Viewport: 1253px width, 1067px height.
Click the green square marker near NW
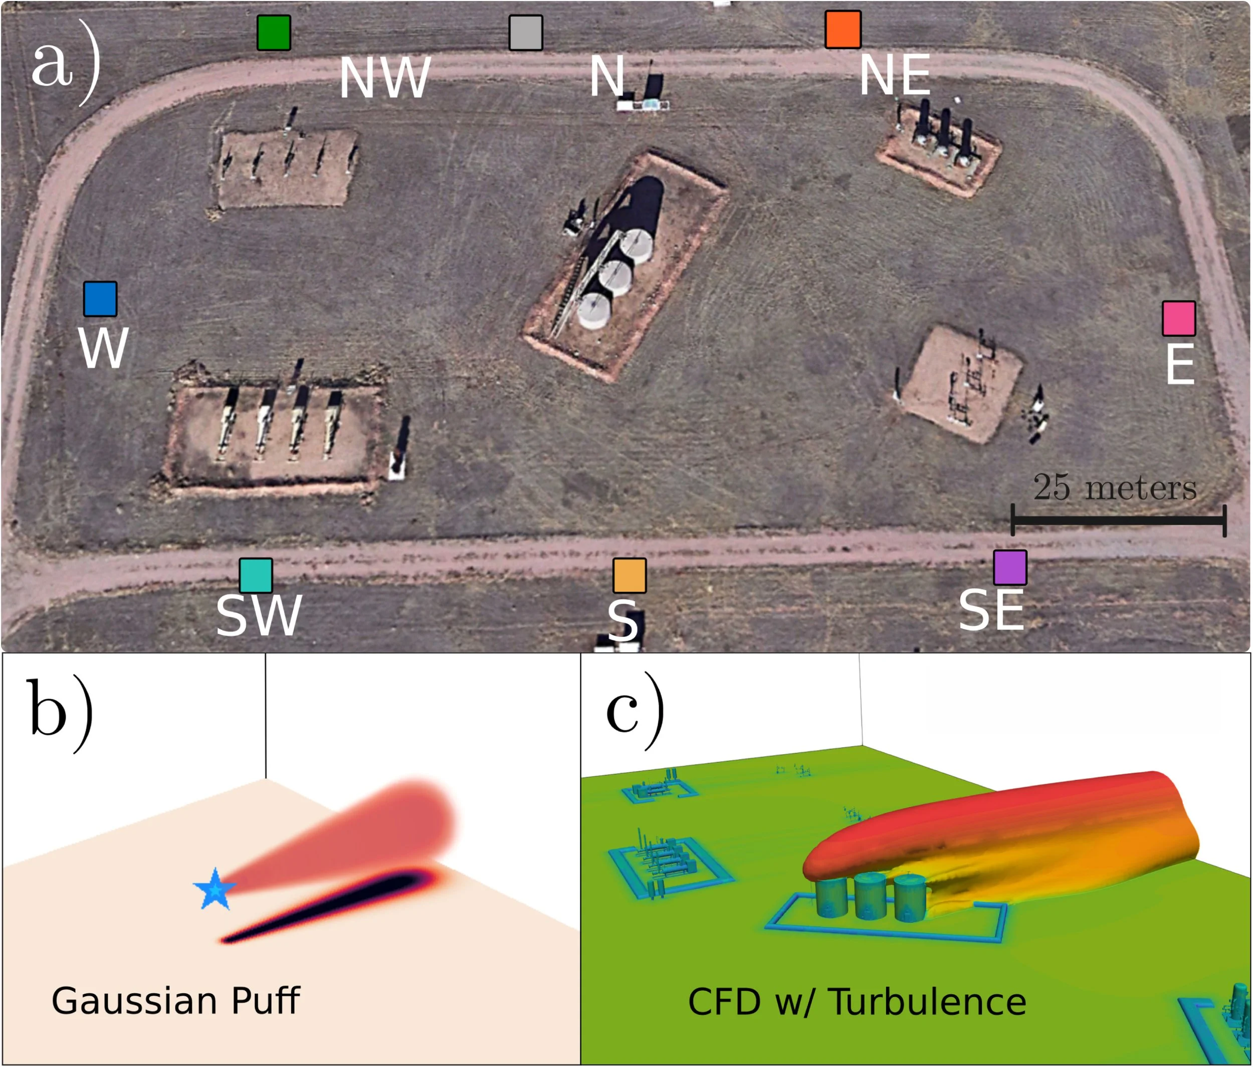pos(274,33)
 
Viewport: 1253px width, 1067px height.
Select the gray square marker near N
pos(526,33)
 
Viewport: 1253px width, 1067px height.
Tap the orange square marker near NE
pos(843,29)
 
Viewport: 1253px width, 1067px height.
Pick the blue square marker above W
pos(100,299)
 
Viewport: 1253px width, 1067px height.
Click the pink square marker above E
pos(1179,318)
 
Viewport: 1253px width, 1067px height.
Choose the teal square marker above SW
pos(256,575)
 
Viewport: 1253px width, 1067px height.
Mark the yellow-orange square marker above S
pos(630,575)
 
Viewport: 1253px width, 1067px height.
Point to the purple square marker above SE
pos(1010,568)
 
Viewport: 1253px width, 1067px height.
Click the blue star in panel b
pos(215,889)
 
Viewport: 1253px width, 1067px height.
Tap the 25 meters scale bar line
pos(1118,519)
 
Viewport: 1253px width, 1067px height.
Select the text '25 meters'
pos(1115,487)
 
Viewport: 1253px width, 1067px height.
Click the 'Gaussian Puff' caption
pos(175,1001)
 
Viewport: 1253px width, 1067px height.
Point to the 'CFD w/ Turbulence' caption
pos(857,1002)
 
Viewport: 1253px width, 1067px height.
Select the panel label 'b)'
pos(59,714)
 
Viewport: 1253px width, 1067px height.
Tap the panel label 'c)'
pos(635,710)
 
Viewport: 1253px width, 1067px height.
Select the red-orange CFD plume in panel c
pos(998,823)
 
